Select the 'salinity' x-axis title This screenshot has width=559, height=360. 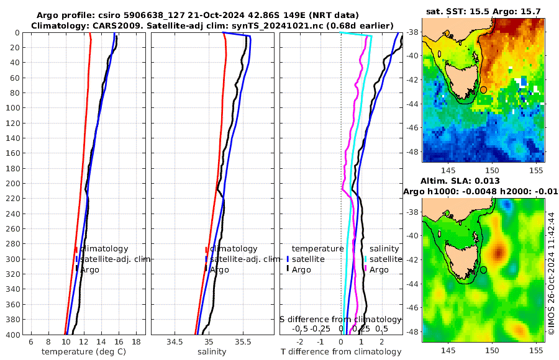coord(211,352)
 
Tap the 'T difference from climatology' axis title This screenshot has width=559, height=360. coord(341,352)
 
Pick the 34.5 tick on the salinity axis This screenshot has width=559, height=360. coord(174,341)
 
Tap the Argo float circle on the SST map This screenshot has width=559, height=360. coord(484,90)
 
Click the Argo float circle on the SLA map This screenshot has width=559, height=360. coord(484,270)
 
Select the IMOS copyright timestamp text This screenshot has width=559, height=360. coord(551,273)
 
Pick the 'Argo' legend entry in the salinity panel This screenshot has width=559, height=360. coord(219,270)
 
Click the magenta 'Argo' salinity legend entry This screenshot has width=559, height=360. coord(379,270)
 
